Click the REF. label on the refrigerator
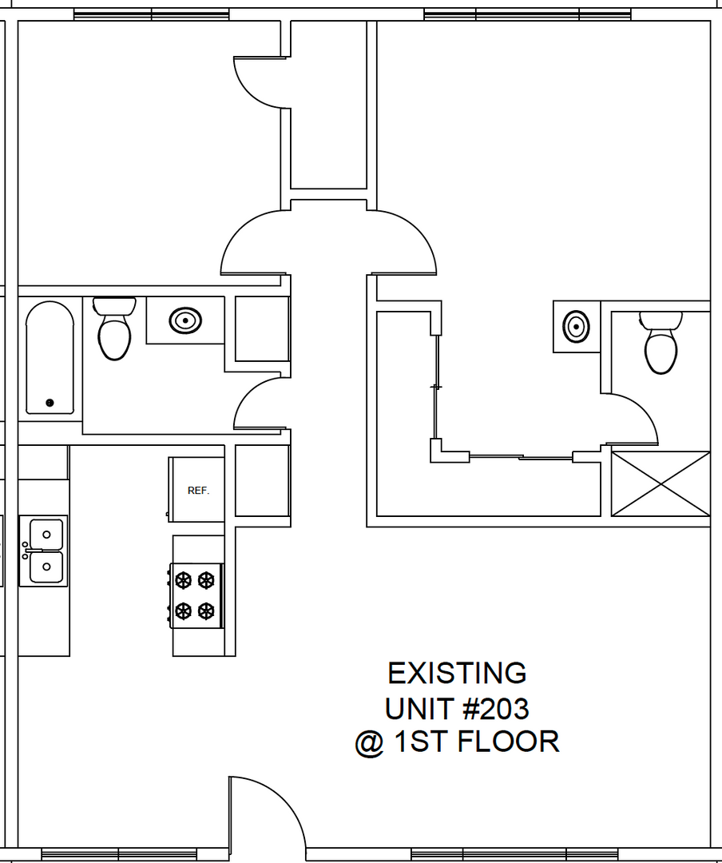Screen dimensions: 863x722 [x=198, y=491]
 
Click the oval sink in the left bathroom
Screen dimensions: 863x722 [x=185, y=321]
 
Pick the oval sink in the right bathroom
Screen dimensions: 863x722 [x=576, y=326]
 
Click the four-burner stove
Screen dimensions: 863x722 [x=196, y=595]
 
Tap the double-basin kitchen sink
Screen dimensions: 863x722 [x=45, y=551]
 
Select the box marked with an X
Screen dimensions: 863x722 [x=661, y=483]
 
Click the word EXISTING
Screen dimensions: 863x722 [x=457, y=674]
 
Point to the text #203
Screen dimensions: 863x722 [x=493, y=708]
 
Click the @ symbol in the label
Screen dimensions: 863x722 [x=368, y=743]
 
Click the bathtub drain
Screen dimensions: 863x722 [x=50, y=403]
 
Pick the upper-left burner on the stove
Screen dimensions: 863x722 [x=184, y=579]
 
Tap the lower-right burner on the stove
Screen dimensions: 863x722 [x=207, y=611]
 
